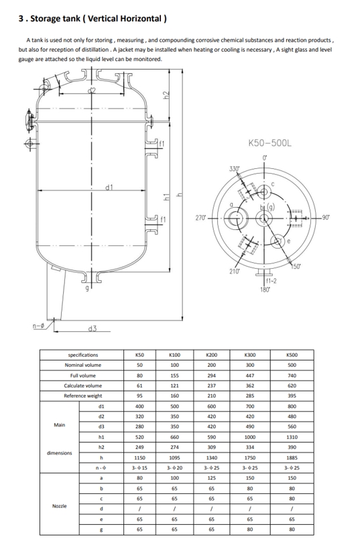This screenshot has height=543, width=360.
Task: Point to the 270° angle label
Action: click(x=200, y=218)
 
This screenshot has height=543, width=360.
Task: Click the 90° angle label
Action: click(x=326, y=217)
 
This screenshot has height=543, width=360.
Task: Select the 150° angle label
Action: click(x=296, y=266)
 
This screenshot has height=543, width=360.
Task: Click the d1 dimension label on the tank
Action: click(x=109, y=187)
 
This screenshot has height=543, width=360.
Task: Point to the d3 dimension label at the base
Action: click(x=93, y=328)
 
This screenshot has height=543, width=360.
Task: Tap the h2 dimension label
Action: click(x=166, y=95)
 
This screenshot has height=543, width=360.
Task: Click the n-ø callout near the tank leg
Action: click(x=38, y=326)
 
